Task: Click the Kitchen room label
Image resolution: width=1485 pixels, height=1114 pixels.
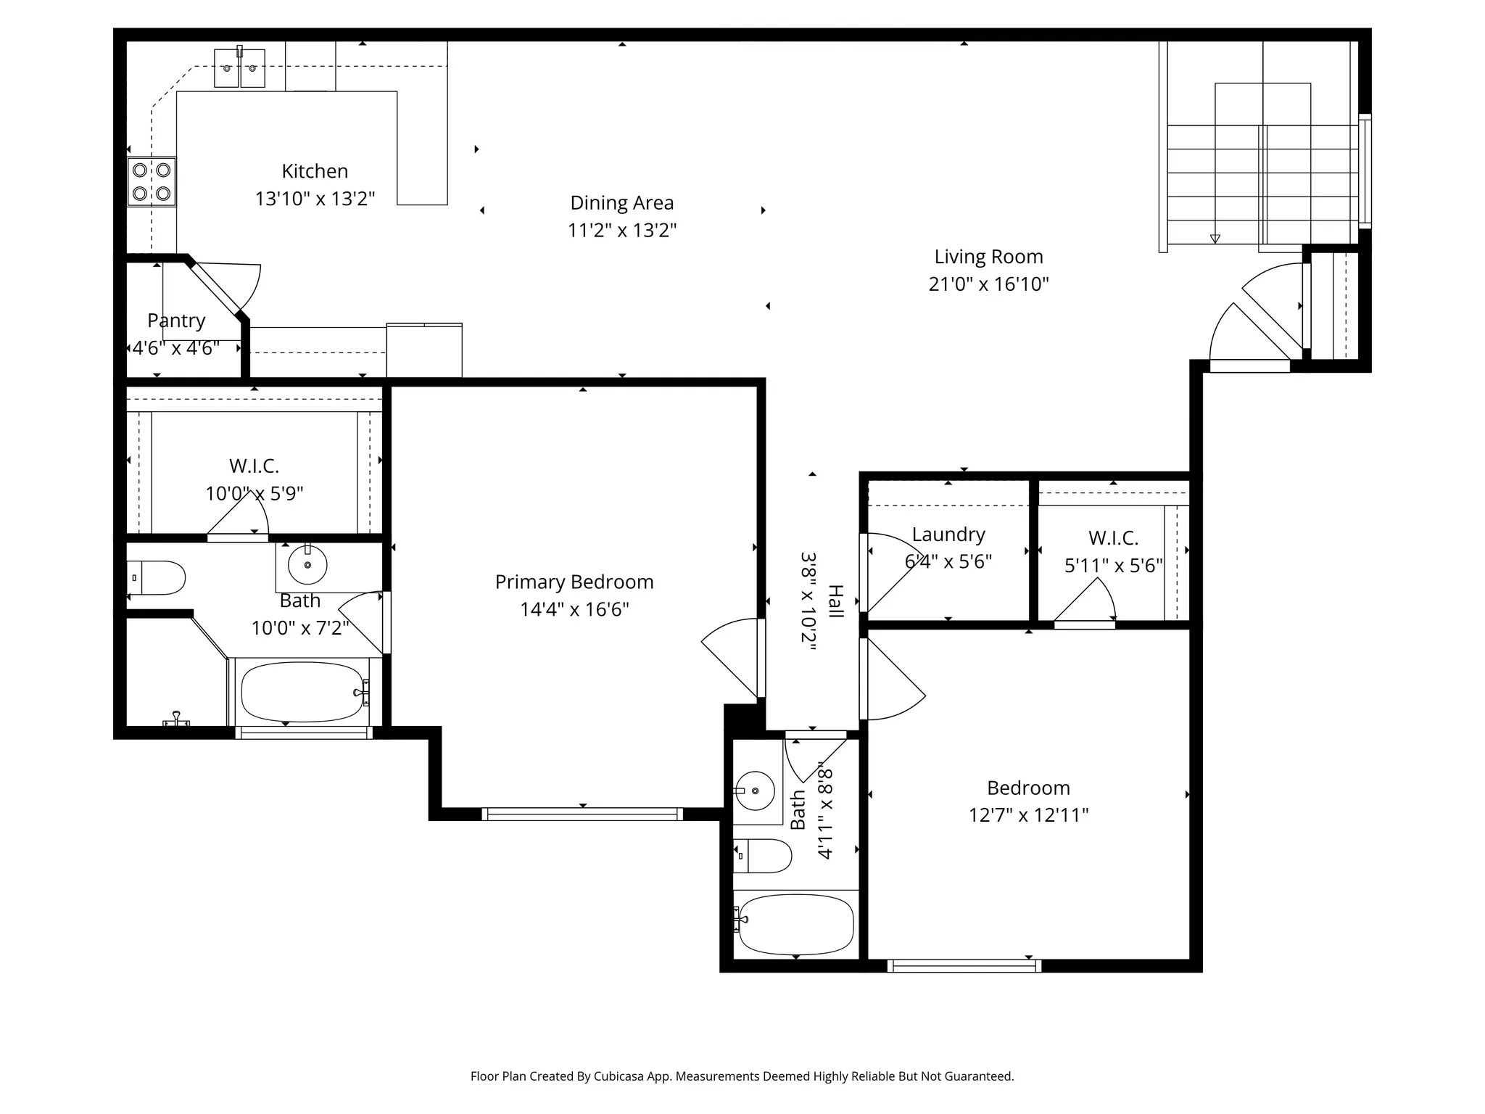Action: pyautogui.click(x=315, y=171)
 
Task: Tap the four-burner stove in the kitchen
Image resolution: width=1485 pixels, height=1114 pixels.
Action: pyautogui.click(x=152, y=182)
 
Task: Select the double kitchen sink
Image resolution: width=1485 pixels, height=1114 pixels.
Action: pyautogui.click(x=239, y=69)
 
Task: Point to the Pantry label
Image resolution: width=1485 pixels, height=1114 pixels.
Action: pyautogui.click(x=176, y=321)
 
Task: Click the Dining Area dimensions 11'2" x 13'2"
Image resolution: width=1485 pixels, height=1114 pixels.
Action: pyautogui.click(x=621, y=231)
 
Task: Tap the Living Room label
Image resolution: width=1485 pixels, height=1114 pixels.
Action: pyautogui.click(x=988, y=257)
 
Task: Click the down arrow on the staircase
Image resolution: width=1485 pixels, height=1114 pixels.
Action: pyautogui.click(x=1215, y=239)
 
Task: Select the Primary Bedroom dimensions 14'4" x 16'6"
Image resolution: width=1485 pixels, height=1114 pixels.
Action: pyautogui.click(x=574, y=609)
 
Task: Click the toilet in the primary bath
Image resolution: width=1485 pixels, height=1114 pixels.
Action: pyautogui.click(x=158, y=578)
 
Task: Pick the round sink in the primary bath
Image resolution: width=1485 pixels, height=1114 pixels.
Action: pyautogui.click(x=307, y=565)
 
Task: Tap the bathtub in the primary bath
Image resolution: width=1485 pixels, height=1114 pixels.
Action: pyautogui.click(x=302, y=692)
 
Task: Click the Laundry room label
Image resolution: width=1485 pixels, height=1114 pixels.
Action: pyautogui.click(x=948, y=535)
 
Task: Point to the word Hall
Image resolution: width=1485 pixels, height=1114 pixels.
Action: pyautogui.click(x=836, y=601)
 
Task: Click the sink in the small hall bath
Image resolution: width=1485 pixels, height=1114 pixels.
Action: pyautogui.click(x=754, y=791)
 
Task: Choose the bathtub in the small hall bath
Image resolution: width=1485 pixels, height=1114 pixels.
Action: pyautogui.click(x=795, y=924)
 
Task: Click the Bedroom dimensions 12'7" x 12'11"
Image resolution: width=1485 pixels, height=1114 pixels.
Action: pyautogui.click(x=1028, y=815)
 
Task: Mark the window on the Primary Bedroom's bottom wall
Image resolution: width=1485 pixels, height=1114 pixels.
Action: pyautogui.click(x=582, y=814)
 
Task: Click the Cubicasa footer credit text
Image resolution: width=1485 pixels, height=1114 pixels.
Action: pyautogui.click(x=742, y=1076)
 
